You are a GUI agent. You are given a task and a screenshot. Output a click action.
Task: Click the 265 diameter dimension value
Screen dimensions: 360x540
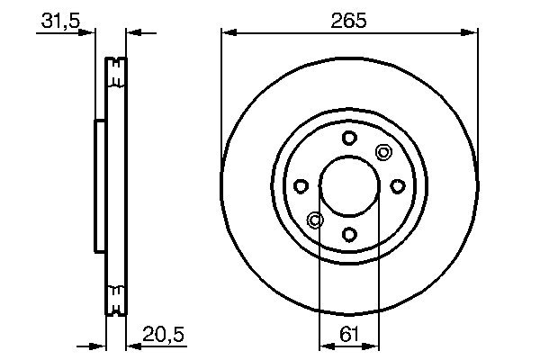[x=349, y=20]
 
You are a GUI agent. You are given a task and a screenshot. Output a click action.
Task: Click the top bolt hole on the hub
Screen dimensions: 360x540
[x=349, y=138]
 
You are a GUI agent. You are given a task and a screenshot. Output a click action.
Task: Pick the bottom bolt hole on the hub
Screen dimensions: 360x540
[x=349, y=235]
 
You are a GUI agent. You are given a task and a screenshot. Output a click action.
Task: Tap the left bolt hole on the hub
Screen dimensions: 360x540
[x=301, y=186]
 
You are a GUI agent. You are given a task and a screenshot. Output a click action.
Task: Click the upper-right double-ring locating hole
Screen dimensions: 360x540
[x=383, y=152]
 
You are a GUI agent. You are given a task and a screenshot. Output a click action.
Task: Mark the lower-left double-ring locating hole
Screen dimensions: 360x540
[x=315, y=220]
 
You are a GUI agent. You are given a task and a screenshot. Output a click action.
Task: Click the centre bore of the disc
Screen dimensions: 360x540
[x=349, y=186]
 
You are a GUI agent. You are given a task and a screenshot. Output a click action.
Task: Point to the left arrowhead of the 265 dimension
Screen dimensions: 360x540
[x=227, y=33]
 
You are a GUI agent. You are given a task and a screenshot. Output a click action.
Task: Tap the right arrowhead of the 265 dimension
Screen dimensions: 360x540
[x=472, y=33]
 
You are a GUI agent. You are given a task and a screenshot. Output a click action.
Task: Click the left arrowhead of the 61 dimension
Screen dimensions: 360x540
[x=326, y=345]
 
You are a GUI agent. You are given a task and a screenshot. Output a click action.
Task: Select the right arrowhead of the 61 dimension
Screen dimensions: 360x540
[x=373, y=345]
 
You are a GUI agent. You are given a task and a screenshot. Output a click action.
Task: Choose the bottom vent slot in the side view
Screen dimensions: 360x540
[x=115, y=298]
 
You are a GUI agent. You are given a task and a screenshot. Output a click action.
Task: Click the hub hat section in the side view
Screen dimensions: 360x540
[x=100, y=186]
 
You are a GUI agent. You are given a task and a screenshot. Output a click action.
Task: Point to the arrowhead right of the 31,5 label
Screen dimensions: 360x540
[x=90, y=33]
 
